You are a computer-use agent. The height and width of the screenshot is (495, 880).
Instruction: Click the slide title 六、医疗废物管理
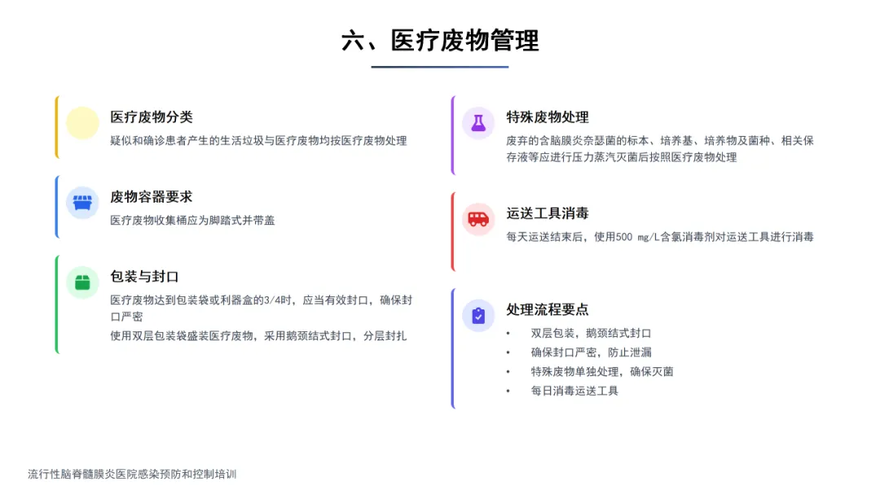click(x=440, y=40)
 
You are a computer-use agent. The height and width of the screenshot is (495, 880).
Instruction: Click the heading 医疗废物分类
click(x=152, y=117)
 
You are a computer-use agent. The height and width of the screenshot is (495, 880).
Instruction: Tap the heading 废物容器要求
click(x=152, y=197)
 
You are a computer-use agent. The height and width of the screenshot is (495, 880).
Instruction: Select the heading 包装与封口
click(x=144, y=277)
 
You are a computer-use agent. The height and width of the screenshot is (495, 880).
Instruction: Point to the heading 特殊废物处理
click(x=548, y=117)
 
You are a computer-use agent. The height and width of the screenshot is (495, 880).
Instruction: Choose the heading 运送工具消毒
click(x=548, y=213)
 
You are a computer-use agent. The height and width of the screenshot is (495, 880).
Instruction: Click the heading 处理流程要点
click(x=548, y=309)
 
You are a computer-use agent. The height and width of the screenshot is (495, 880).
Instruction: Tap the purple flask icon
click(x=478, y=123)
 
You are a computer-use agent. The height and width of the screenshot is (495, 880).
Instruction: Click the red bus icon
click(x=478, y=219)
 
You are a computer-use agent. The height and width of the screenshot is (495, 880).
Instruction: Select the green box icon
click(x=82, y=283)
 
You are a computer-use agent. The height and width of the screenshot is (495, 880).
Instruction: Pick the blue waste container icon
click(x=82, y=203)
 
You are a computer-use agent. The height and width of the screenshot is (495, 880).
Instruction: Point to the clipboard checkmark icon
click(x=478, y=315)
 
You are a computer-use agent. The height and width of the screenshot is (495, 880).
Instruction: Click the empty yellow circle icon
click(x=82, y=123)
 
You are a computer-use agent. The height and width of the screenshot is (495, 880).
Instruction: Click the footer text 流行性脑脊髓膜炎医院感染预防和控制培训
click(x=132, y=474)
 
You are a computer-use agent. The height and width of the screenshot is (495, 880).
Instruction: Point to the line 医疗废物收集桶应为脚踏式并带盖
click(x=192, y=221)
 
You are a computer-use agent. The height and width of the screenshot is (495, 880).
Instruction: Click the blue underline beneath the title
click(x=440, y=67)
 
